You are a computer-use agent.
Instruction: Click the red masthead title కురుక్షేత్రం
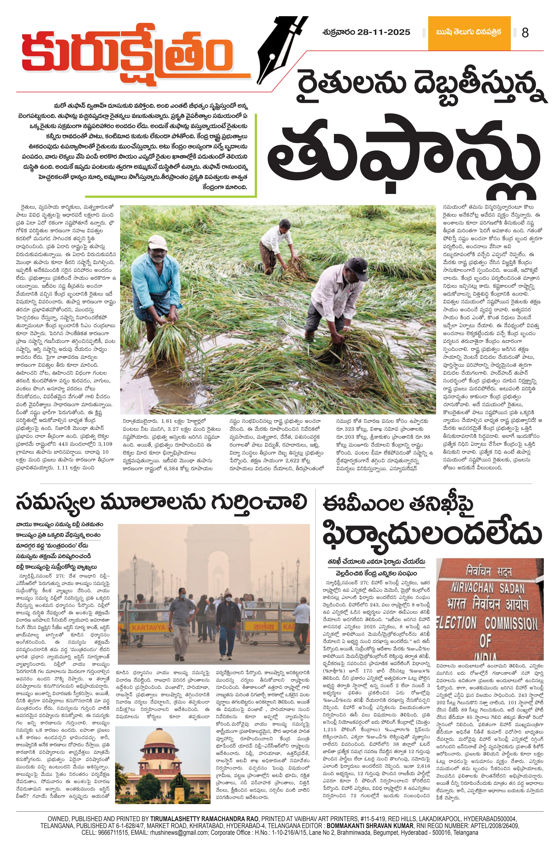coord(128,54)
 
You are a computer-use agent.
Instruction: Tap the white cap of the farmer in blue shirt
coord(157,242)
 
